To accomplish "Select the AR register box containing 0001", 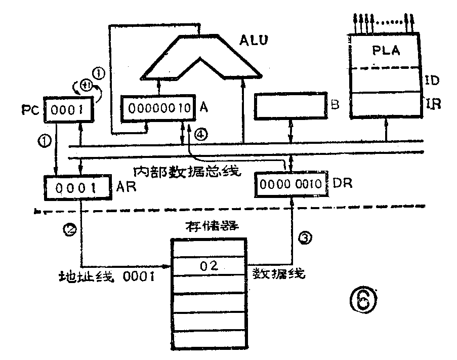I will (x=76, y=188).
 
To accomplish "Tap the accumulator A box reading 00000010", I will (x=155, y=107).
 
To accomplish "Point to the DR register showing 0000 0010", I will (x=290, y=184).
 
